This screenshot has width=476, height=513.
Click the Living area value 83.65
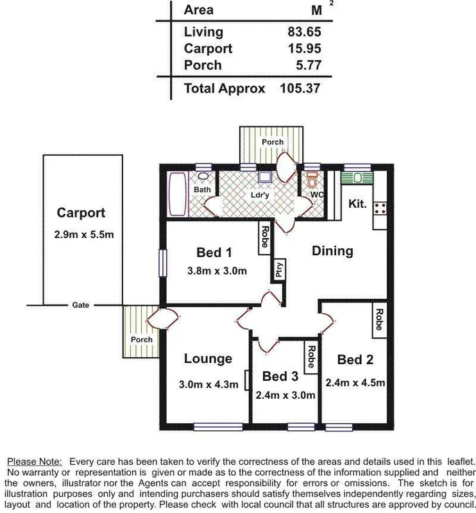point(305,31)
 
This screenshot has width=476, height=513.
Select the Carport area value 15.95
point(305,48)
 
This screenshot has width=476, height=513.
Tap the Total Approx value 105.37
point(300,88)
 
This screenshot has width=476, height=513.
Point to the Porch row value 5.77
point(309,65)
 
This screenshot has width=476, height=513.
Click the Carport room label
point(81,213)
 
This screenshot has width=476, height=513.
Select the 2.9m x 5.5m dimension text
point(84,235)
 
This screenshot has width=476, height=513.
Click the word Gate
point(80,305)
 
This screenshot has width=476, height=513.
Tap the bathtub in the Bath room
point(176,195)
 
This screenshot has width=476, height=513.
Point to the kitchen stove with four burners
point(380,207)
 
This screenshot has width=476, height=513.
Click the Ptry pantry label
point(279,270)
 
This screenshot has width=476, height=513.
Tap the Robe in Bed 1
point(264,237)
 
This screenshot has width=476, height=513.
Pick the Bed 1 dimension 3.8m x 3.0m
point(217,271)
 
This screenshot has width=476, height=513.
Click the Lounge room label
point(208,358)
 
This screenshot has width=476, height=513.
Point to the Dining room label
point(332,251)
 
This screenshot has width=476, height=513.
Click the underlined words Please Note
point(35,461)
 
